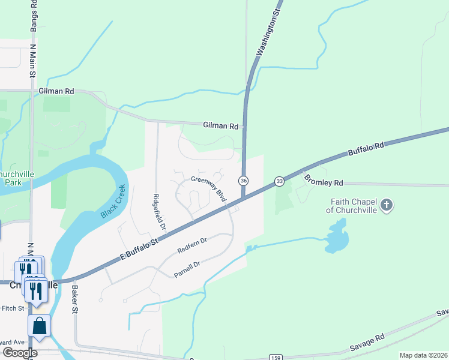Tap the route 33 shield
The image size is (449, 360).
(279, 181)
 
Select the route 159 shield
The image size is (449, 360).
(276, 357)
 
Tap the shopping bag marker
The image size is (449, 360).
(39, 326)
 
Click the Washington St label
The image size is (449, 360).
(268, 34)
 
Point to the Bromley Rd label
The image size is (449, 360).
(323, 180)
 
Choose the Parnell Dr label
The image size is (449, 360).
(187, 268)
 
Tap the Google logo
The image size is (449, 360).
(20, 353)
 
